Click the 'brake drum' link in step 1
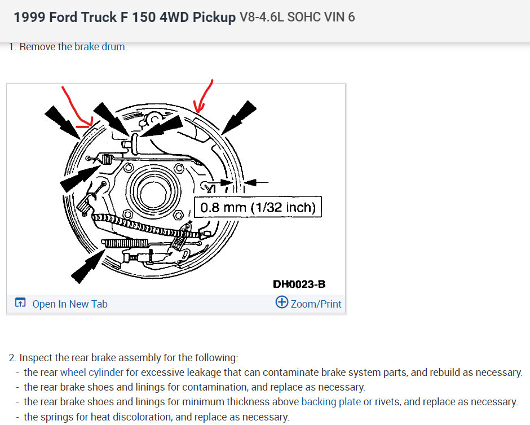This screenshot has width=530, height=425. [x=100, y=47]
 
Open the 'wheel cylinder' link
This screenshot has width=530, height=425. [x=91, y=372]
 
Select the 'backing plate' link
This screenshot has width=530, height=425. [x=331, y=402]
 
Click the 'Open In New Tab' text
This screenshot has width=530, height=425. [x=70, y=304]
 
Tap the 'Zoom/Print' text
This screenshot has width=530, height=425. [x=316, y=304]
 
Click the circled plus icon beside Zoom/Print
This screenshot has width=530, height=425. [x=281, y=302]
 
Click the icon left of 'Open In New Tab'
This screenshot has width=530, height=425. [x=20, y=302]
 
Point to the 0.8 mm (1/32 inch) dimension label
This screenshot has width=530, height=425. [x=258, y=207]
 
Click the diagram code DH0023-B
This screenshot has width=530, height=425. [x=299, y=284]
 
